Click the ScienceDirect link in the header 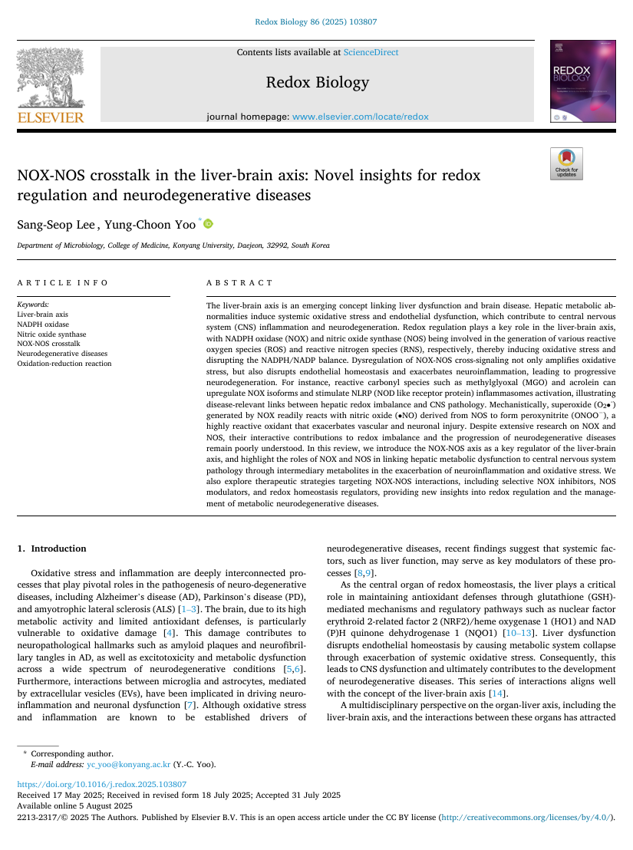371,52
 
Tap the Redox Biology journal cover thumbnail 572,81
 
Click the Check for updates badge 566,163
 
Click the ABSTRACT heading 240,283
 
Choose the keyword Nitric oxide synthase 51,334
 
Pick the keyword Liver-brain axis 42,315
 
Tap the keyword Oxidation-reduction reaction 64,363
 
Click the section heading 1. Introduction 51,549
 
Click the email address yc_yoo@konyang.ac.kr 128,764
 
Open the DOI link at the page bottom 101,784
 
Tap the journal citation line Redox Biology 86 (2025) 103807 315,22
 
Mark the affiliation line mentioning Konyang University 173,245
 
